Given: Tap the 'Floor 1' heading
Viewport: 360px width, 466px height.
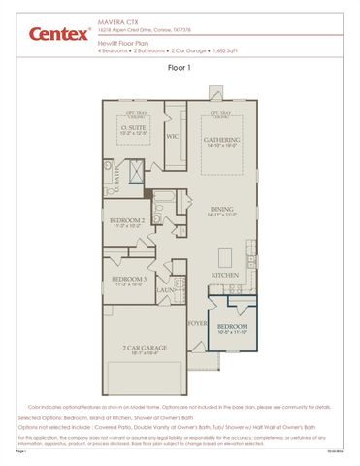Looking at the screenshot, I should [180, 69].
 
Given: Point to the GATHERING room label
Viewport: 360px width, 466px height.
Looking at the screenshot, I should [221, 140].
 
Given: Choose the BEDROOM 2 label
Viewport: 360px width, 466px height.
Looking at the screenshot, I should [127, 221].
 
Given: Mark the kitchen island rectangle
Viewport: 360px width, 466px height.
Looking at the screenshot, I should [226, 257].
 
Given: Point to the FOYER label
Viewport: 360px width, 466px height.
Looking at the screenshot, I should [197, 323].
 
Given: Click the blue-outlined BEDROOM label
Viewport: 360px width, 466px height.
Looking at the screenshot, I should [231, 327].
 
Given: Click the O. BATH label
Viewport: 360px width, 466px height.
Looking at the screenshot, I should [116, 177].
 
